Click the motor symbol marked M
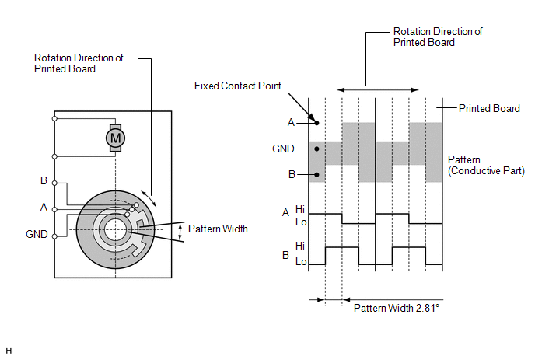115,138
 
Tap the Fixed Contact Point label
237,86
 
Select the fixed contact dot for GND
316,149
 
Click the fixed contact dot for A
316,123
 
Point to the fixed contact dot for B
316,175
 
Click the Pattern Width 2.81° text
397,308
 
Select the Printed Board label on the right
489,108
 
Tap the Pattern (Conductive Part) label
486,165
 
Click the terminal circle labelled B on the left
54,183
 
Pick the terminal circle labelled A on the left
54,209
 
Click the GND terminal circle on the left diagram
54,236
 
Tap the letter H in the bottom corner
9,351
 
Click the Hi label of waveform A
300,209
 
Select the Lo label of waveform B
301,262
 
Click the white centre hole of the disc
115,229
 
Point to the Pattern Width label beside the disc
218,229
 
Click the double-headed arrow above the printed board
378,89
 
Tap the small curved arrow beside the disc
149,199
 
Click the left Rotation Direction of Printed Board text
79,63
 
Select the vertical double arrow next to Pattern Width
180,232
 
